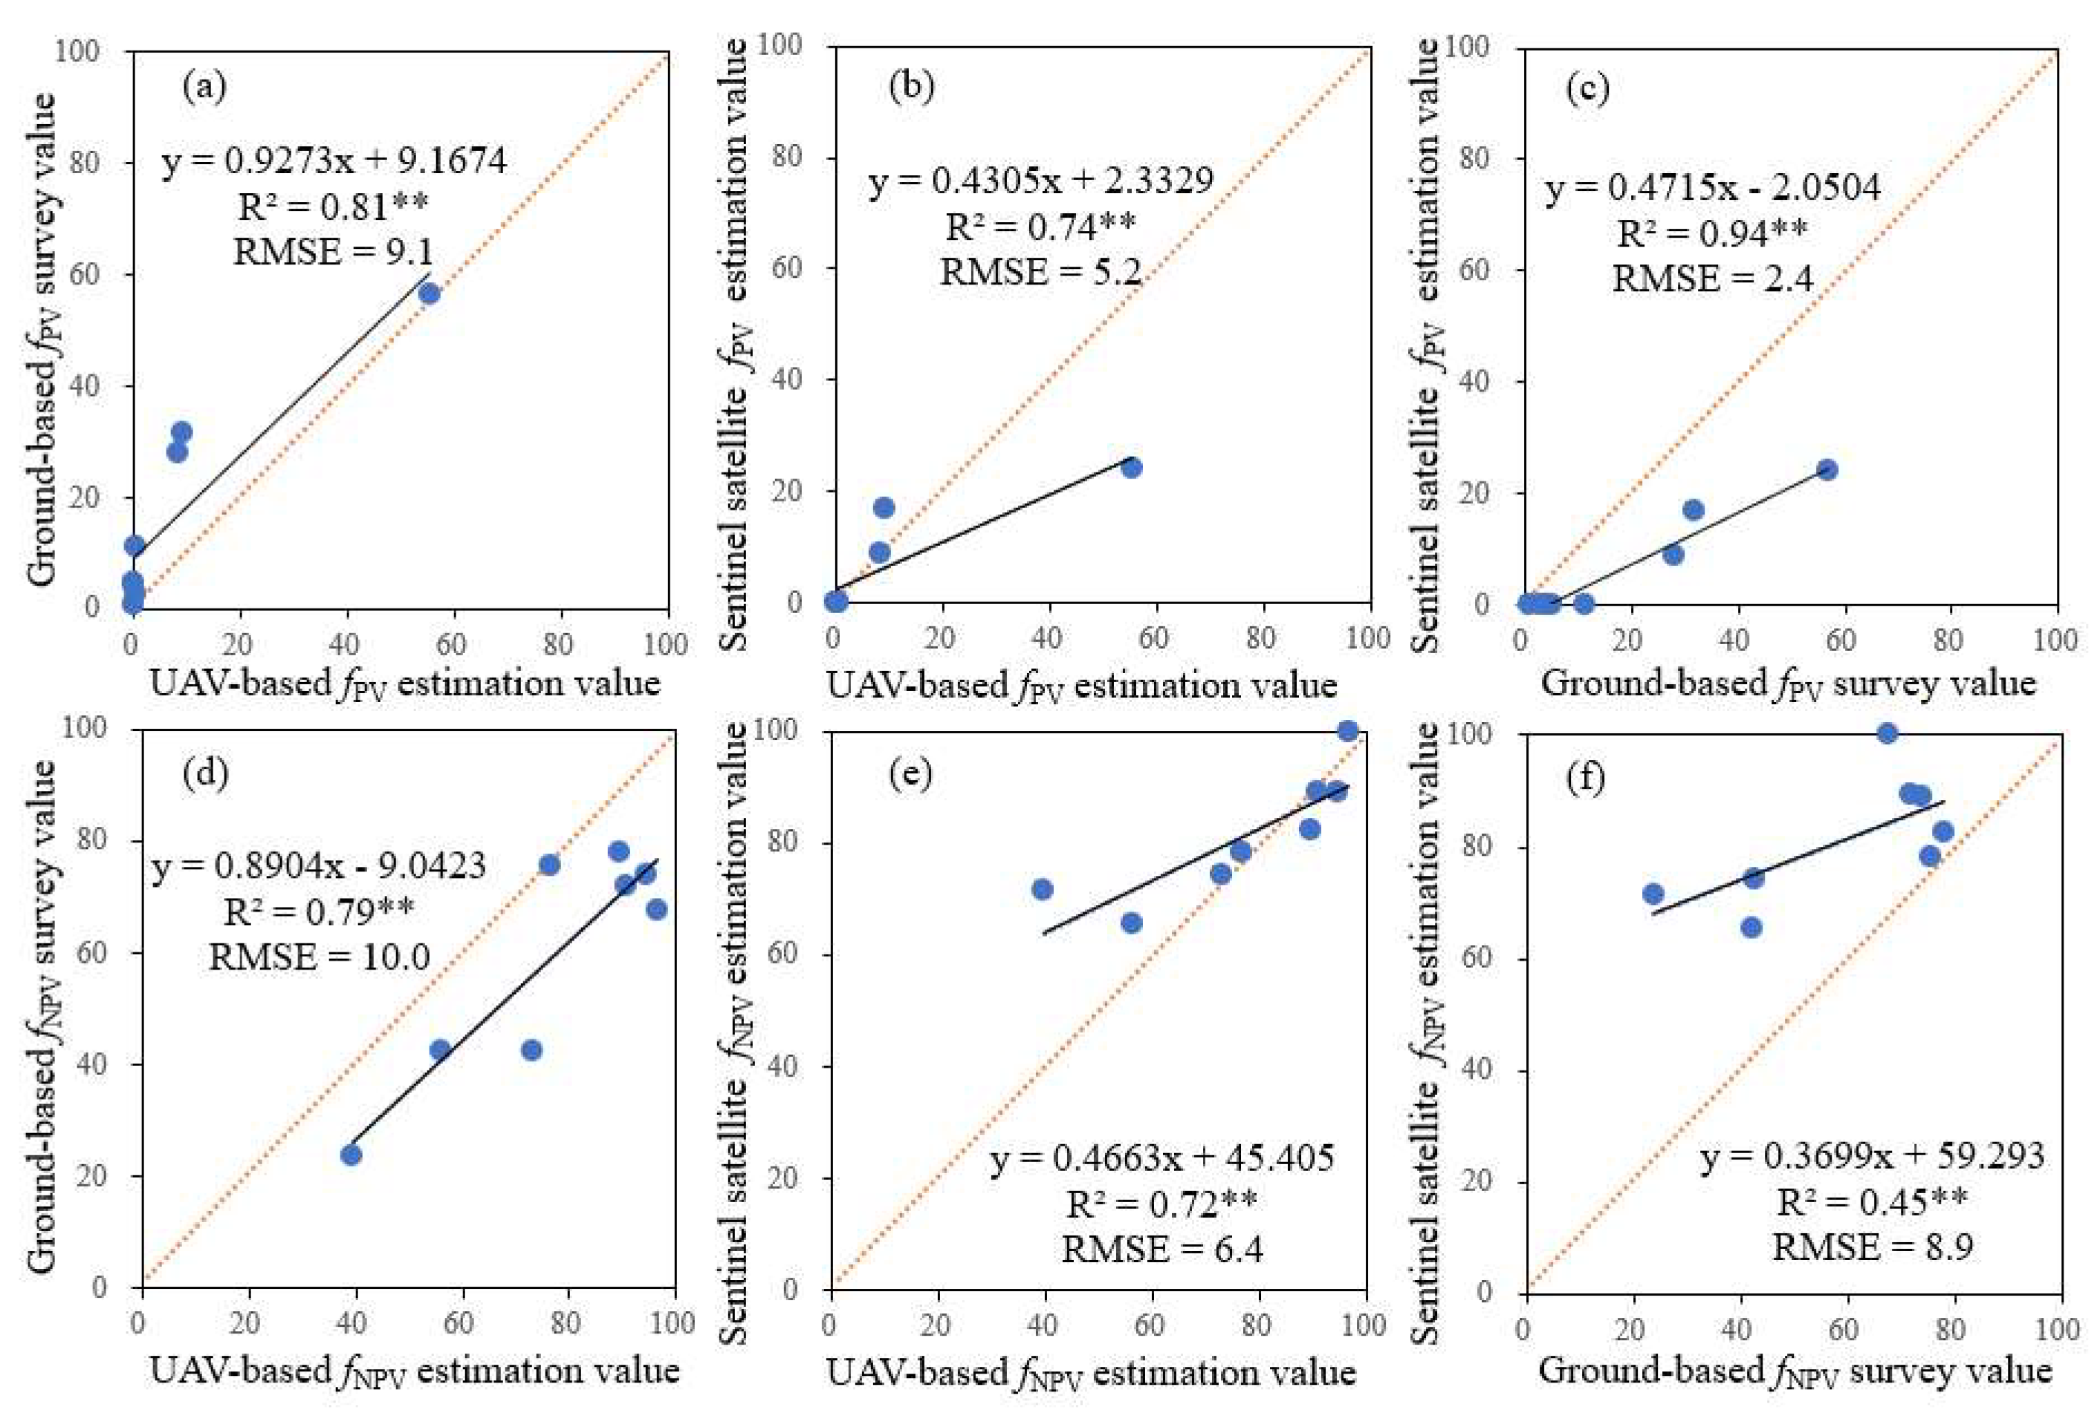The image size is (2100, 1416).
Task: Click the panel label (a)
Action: (x=204, y=88)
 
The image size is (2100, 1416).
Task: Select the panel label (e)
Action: (x=910, y=775)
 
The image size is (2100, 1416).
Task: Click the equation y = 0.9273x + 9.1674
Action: (x=334, y=160)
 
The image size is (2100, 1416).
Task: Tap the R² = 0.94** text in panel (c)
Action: (x=1711, y=233)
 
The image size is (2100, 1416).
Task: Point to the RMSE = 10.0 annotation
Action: (x=319, y=955)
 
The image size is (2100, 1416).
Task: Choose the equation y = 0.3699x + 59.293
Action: (x=1873, y=1156)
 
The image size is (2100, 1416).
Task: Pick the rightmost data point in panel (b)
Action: (x=1131, y=467)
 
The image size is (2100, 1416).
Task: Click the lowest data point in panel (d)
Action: (x=351, y=1154)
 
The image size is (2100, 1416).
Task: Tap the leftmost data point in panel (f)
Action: (x=1653, y=894)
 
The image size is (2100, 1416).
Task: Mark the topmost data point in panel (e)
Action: (x=1348, y=730)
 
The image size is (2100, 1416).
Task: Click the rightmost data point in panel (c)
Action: (x=1827, y=470)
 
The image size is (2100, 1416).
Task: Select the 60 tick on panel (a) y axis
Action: (x=85, y=273)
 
